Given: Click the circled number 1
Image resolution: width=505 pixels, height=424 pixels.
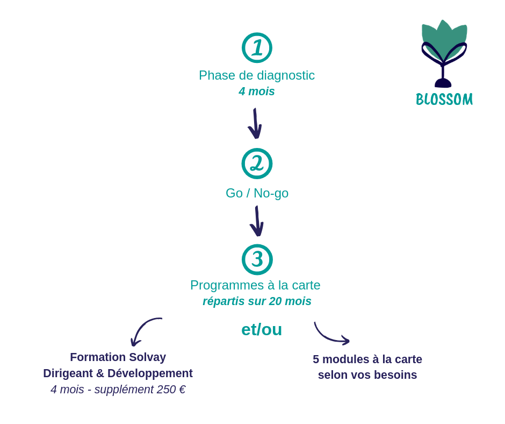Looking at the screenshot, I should pos(257,48).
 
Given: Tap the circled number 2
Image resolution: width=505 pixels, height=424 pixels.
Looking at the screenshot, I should pos(257,164).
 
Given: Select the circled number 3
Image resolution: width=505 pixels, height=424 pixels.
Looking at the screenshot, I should pos(257,259).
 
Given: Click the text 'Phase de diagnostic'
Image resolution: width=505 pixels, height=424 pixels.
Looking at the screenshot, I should pos(257,75).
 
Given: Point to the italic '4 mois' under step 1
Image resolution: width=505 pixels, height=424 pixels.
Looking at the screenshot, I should pos(257,91).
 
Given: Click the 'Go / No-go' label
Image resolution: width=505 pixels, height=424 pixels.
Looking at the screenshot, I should pos(257,193).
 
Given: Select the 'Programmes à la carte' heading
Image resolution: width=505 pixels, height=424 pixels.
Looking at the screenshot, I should pos(255,285).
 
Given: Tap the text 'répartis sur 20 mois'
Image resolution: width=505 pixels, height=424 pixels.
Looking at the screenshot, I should pos(257,301).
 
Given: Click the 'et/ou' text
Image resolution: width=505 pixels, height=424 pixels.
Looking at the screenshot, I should pos(262,329).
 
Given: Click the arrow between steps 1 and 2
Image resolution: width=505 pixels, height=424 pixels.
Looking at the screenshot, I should pos(255,124).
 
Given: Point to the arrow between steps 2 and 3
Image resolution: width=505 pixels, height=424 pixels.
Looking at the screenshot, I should pos(257,221).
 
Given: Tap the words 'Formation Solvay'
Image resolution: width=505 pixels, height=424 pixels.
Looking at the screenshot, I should pos(118,357).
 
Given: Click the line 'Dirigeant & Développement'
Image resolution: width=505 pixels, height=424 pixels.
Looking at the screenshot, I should pos(118,373).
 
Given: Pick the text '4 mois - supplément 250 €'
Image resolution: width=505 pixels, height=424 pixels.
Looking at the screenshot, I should pos(118,390).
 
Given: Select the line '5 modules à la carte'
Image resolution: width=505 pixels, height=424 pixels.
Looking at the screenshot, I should pos(367,359).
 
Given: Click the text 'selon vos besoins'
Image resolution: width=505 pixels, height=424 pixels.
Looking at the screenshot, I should pos(367,375).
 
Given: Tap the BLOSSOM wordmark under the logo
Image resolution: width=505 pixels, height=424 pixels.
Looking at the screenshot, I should pos(444,100).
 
